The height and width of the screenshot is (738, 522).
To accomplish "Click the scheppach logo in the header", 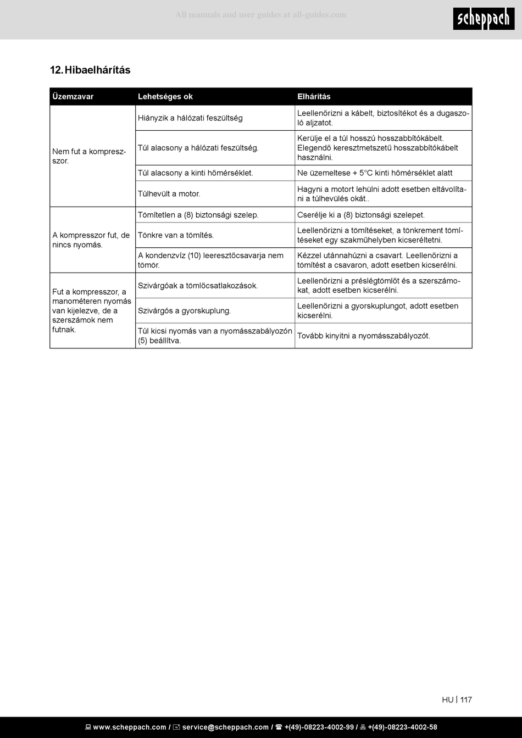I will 484,19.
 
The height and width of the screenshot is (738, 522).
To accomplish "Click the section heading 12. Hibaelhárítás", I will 90,70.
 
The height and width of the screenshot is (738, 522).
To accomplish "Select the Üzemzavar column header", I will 73,97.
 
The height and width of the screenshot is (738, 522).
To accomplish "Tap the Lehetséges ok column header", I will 165,97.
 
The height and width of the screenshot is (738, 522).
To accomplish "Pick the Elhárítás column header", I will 314,97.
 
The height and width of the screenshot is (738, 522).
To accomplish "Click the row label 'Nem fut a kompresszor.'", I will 89,156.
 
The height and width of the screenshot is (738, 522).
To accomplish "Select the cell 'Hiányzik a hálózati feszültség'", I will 190,118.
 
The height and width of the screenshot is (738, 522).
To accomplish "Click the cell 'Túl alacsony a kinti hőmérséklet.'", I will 196,173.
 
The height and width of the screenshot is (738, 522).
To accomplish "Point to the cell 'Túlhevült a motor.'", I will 169,194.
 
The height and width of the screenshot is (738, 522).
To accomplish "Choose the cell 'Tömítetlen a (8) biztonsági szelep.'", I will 198,215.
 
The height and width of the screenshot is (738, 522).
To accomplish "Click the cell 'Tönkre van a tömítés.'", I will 176,235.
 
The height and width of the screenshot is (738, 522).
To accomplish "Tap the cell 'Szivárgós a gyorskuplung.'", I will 184,311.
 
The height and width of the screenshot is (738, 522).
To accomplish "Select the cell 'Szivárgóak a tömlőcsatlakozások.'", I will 198,286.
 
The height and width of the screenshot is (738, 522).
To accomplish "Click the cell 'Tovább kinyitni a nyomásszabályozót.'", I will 364,336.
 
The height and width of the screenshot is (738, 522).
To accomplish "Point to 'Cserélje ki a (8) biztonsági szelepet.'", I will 361,215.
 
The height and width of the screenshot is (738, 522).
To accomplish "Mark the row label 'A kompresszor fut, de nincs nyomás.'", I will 91,240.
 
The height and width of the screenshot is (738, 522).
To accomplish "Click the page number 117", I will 466,700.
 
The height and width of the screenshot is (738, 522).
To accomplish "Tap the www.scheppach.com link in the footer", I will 129,728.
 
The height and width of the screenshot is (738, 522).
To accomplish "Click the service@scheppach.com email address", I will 225,728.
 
